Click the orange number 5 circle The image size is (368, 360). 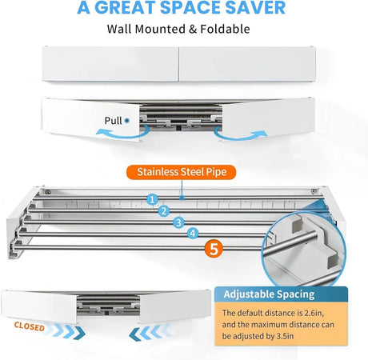(214, 249)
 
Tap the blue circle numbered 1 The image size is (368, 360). (152, 199)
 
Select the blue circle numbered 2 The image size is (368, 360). (164, 211)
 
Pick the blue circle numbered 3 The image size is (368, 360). (178, 222)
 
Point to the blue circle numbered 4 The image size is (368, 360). (193, 234)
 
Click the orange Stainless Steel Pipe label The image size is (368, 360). (182, 172)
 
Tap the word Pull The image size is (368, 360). (113, 121)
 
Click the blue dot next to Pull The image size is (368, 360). (127, 121)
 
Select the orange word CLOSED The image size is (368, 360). (30, 326)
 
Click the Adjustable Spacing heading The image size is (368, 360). (269, 294)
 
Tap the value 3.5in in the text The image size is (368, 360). (285, 336)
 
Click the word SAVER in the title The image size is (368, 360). (255, 7)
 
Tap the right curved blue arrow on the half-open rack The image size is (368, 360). (241, 134)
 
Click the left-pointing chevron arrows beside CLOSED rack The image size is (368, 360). (150, 333)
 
